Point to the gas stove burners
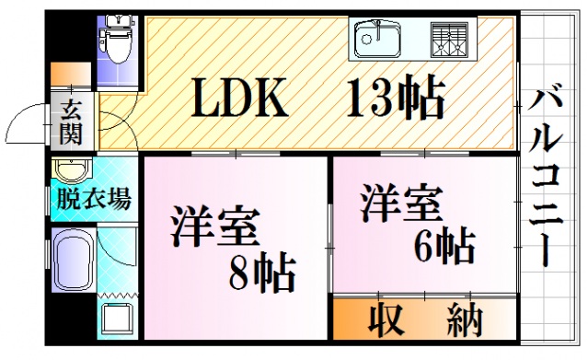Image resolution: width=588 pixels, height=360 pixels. (x=449, y=39)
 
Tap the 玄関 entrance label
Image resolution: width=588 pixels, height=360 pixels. (x=71, y=122)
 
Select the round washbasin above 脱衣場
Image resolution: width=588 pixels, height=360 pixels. (x=70, y=172)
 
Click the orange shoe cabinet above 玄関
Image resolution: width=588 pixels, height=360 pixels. (x=70, y=74)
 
